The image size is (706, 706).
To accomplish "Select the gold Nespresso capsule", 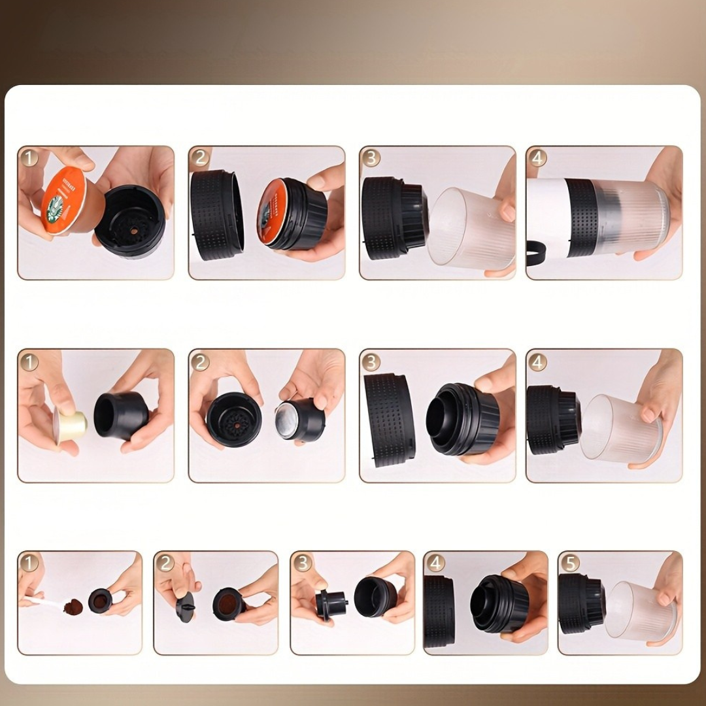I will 71,426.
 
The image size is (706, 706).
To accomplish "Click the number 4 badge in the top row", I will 538,158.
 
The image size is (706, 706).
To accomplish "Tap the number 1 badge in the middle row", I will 29,361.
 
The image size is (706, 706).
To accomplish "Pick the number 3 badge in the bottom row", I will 301,562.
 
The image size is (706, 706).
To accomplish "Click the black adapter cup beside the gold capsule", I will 122,416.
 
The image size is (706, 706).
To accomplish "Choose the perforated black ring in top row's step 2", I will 216,214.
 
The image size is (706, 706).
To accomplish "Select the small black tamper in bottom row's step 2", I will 185,607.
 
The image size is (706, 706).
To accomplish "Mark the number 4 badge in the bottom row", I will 435,562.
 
